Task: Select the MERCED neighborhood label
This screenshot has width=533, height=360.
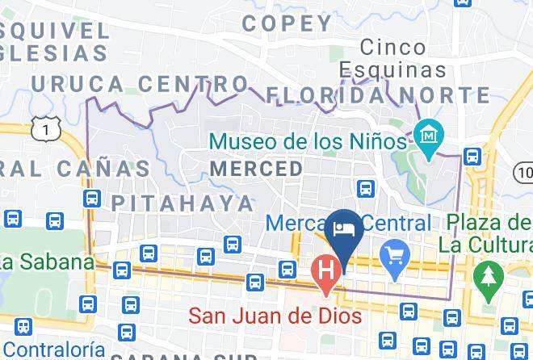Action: click(256, 169)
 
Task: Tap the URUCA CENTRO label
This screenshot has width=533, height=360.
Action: click(140, 84)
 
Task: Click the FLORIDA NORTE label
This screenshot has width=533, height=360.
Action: click(378, 95)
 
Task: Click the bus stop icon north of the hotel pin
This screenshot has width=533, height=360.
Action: click(366, 189)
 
